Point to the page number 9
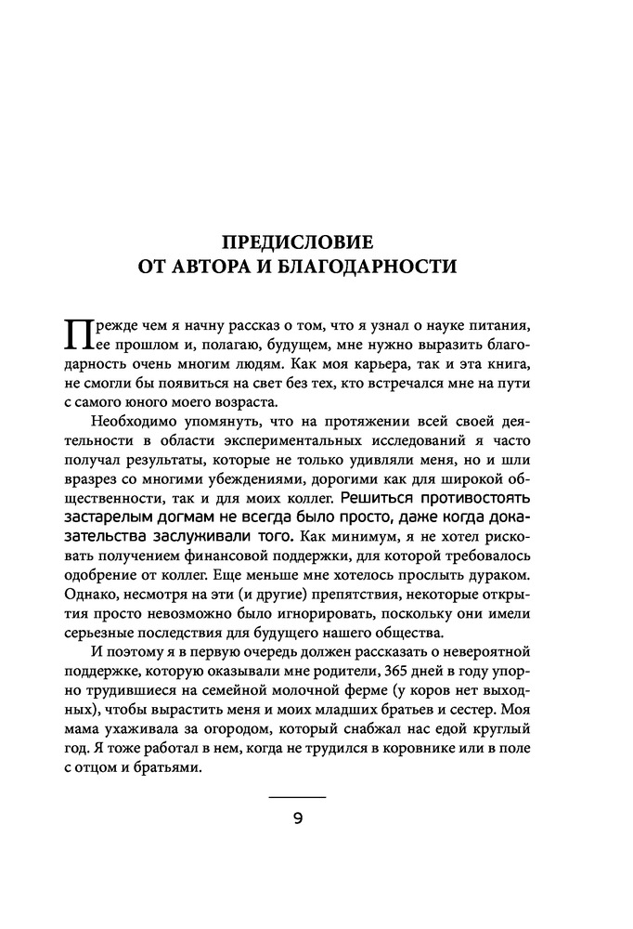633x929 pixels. pos(298,818)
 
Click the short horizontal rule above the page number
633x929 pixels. pos(298,797)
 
